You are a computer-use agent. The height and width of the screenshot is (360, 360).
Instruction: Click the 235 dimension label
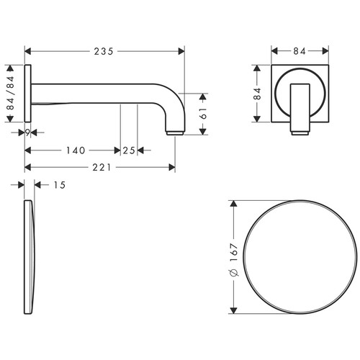[104, 51]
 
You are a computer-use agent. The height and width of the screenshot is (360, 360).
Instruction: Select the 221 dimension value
[102, 168]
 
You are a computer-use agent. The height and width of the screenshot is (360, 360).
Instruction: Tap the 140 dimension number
[76, 150]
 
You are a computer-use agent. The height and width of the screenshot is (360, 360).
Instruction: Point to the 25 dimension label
[129, 150]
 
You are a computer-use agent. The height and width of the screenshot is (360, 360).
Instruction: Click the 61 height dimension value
[203, 113]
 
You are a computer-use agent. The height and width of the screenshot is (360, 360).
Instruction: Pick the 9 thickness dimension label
[27, 132]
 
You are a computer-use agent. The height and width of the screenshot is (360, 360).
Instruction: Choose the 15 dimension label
[59, 185]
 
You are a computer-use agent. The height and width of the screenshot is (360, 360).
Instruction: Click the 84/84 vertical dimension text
[11, 93]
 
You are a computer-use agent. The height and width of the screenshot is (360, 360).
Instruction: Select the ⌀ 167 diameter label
[233, 260]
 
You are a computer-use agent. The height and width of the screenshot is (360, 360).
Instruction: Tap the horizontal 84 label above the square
[300, 51]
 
